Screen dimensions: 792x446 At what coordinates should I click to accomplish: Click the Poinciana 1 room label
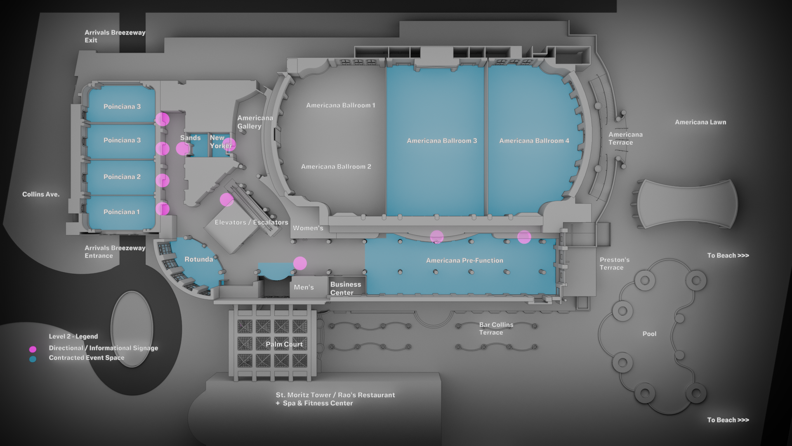pos(121,212)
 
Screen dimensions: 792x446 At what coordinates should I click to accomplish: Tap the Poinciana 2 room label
pos(122,177)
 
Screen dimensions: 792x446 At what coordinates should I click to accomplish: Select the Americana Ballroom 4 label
pos(534,141)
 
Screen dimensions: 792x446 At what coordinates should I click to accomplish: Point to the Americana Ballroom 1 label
pos(340,105)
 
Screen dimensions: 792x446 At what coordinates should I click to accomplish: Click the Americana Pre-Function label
pos(464,261)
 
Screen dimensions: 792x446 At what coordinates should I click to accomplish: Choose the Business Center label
pos(345,288)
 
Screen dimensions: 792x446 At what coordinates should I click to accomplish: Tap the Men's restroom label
pos(304,287)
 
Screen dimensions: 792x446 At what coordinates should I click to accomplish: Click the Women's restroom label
pos(308,228)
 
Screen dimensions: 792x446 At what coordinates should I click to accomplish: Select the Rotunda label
pos(198,259)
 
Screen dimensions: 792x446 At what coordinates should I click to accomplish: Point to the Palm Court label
pos(284,344)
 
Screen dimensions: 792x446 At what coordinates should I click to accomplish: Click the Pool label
pos(649,334)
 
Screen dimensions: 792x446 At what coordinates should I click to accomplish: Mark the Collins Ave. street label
pos(41,194)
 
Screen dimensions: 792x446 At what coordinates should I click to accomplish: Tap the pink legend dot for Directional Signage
pos(33,349)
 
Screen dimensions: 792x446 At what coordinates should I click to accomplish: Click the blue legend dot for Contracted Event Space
pos(33,359)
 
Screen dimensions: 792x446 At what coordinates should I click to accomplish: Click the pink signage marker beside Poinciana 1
pos(163,209)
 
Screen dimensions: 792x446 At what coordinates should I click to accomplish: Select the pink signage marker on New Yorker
pos(229,144)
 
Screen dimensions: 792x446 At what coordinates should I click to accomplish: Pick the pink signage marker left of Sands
pos(182,149)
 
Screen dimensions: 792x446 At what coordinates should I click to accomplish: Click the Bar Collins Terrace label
pos(496,329)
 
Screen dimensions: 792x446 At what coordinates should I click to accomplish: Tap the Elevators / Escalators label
pos(251,222)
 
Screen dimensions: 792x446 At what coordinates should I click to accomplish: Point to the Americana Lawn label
pos(700,122)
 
